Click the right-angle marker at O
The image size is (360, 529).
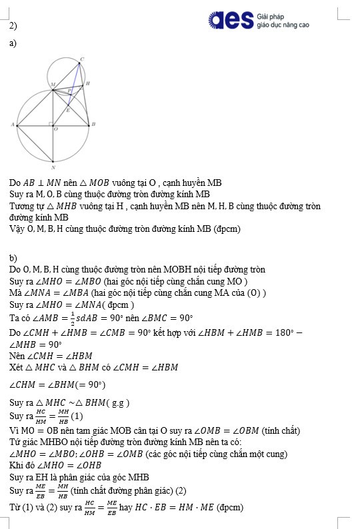[51, 123]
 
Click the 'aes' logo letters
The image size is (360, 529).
[230, 20]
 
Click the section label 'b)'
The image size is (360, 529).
[13, 257]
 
